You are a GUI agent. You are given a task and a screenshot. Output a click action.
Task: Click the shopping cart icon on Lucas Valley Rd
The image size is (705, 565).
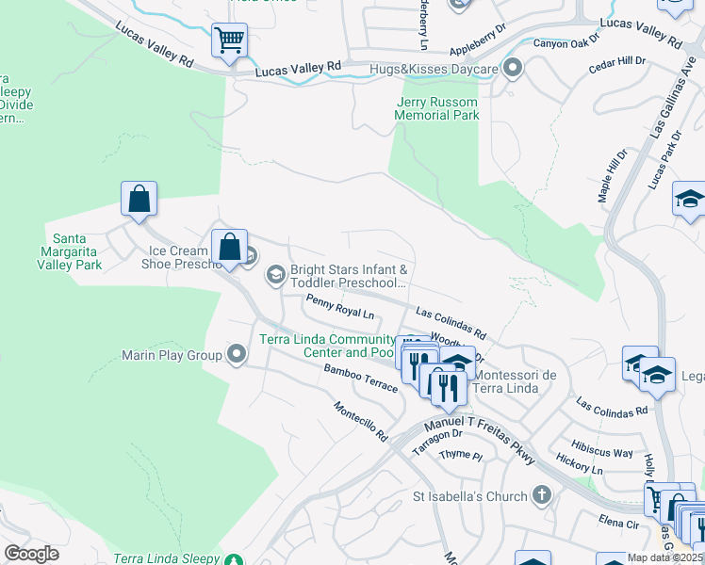coord(229,40)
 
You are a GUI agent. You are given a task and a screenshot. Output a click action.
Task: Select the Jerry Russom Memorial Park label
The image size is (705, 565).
coord(437,108)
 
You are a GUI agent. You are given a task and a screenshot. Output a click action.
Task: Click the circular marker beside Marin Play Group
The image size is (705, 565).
coord(236,355)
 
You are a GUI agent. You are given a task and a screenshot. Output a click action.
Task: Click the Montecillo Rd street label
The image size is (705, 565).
coord(359,421)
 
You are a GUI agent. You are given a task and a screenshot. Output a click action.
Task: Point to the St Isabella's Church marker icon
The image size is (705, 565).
coord(541,494)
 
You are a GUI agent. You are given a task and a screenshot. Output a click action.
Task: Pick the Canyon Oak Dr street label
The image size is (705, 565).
coord(566,42)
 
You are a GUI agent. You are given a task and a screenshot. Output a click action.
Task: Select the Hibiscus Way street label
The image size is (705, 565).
coord(603,452)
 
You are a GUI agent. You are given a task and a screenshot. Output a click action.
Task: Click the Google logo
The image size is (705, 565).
coord(31,554)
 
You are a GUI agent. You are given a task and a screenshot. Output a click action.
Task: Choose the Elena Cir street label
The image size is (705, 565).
coord(618,519)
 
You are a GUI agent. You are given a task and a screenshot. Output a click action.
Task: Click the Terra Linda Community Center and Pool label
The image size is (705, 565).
coord(327,346)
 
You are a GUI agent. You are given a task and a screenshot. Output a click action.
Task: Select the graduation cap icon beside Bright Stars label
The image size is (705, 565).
coord(276,275)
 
